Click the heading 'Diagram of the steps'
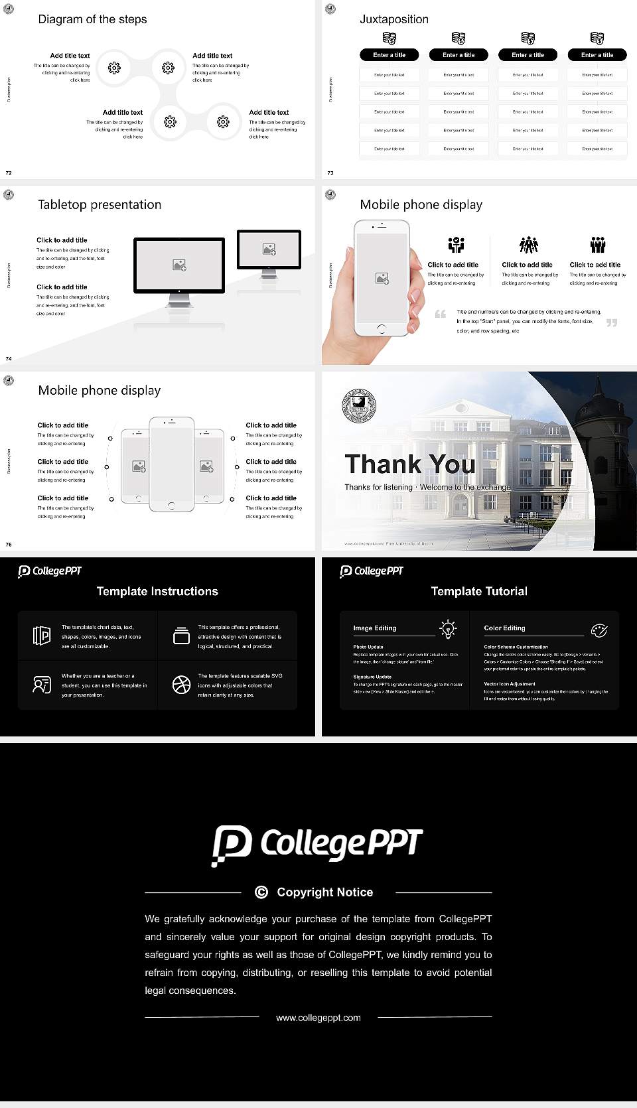pyautogui.click(x=92, y=19)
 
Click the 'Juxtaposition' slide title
pyautogui.click(x=393, y=19)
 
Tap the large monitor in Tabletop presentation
pyautogui.click(x=179, y=265)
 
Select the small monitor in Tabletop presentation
pyautogui.click(x=269, y=250)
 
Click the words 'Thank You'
pyautogui.click(x=409, y=464)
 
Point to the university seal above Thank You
pyautogui.click(x=359, y=405)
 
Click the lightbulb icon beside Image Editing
pyautogui.click(x=448, y=628)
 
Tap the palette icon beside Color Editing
pyautogui.click(x=599, y=630)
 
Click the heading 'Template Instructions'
pyautogui.click(x=157, y=591)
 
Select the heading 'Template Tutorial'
pyautogui.click(x=479, y=591)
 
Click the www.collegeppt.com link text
pyautogui.click(x=318, y=1018)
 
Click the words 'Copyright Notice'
pyautogui.click(x=324, y=892)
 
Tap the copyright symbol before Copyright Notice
pyautogui.click(x=261, y=892)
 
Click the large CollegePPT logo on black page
pyautogui.click(x=317, y=845)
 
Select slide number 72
pyautogui.click(x=9, y=173)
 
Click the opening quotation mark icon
pyautogui.click(x=440, y=314)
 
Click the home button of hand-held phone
pyautogui.click(x=382, y=328)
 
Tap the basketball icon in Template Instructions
pyautogui.click(x=181, y=685)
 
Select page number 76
pyautogui.click(x=9, y=544)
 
